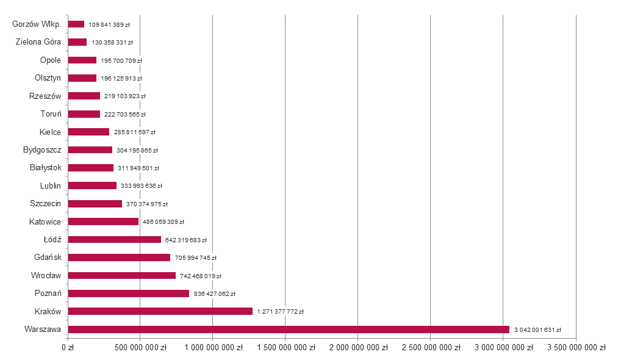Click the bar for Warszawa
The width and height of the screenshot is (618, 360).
point(289,329)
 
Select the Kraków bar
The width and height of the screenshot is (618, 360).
point(160,311)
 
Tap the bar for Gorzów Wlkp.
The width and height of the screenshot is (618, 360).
point(76,24)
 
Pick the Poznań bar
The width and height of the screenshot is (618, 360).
point(129,293)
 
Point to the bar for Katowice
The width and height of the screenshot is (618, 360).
point(103,221)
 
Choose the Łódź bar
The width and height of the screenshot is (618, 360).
point(115,239)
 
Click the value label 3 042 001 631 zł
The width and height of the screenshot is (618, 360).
point(537,329)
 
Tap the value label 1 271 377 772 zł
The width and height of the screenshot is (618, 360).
point(280,312)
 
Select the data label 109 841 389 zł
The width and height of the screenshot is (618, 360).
point(109,24)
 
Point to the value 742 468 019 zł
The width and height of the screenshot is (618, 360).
point(201,276)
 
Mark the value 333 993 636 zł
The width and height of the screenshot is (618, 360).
point(142,185)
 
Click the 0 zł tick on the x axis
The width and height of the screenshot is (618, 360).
point(68,347)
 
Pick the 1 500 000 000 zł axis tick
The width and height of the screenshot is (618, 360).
point(286,347)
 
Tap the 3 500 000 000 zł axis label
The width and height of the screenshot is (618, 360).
point(577,347)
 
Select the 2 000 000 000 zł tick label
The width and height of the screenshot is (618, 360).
point(359,347)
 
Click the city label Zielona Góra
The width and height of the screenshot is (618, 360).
point(38,41)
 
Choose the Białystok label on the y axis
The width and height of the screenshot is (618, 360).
point(46,168)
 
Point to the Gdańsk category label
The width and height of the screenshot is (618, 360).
point(48,257)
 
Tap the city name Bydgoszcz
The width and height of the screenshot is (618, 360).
point(42,150)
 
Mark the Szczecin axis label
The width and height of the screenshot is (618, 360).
point(45,203)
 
